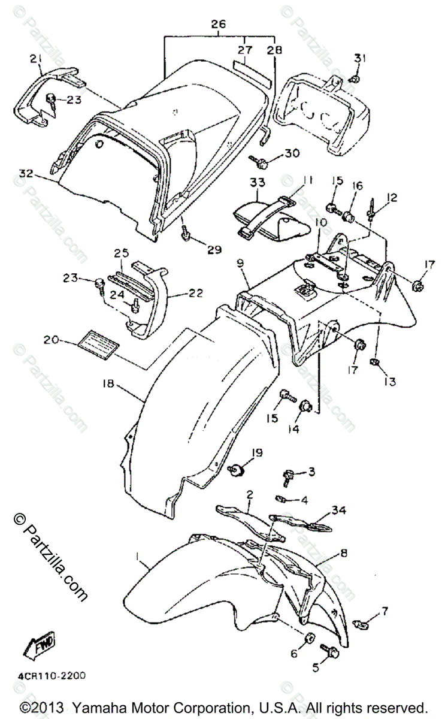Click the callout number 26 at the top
pyautogui.click(x=217, y=25)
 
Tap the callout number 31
pyautogui.click(x=359, y=58)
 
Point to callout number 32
pyautogui.click(x=26, y=174)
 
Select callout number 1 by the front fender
pyautogui.click(x=138, y=560)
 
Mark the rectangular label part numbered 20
pyautogui.click(x=98, y=345)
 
